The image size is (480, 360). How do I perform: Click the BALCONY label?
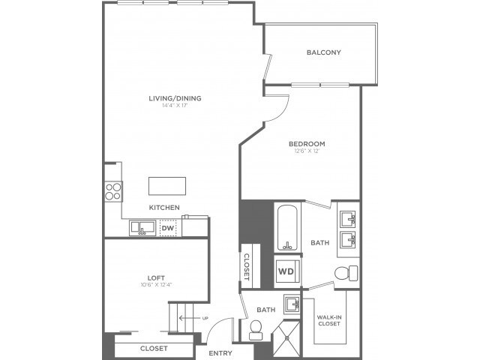[324, 52]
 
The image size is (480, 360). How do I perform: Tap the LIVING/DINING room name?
[175, 97]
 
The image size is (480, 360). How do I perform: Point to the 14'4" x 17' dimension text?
[175, 106]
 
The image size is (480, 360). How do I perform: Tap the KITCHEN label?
[163, 208]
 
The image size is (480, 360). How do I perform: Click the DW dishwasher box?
[169, 227]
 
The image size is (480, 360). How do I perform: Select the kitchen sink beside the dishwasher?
[142, 227]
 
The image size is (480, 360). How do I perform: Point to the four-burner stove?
[113, 190]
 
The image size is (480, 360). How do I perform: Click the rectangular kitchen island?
[166, 185]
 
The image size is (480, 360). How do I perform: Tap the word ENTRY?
[220, 353]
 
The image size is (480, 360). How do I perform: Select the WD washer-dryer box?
[286, 271]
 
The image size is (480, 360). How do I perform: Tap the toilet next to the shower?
[255, 328]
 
